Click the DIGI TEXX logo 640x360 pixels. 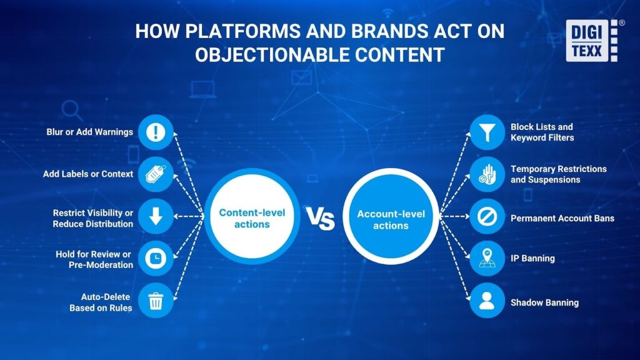tap(592, 41)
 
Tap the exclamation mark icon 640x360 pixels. tap(156, 132)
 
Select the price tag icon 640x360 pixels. tap(156, 174)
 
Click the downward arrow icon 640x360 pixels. tap(156, 216)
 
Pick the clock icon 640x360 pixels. tap(156, 258)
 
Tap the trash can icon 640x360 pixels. tap(156, 301)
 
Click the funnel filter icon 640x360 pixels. tap(487, 132)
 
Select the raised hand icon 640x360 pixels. tap(487, 174)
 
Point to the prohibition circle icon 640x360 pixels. tap(487, 216)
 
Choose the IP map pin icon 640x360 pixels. tap(487, 258)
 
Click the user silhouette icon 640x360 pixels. tap(487, 301)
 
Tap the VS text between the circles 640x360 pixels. tap(321, 218)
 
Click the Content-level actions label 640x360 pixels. tap(252, 218)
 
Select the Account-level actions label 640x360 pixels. tap(391, 219)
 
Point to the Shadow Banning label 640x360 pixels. tap(544, 302)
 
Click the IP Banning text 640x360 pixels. tap(532, 258)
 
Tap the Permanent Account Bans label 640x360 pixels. tap(562, 218)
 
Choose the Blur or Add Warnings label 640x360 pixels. tap(90, 132)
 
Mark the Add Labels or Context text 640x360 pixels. tap(88, 174)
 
